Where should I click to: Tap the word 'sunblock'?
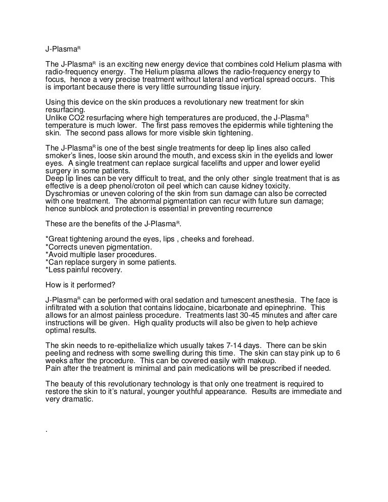[x=83, y=208]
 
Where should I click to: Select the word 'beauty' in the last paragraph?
[x=75, y=383]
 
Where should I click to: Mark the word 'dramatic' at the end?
[x=76, y=398]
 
